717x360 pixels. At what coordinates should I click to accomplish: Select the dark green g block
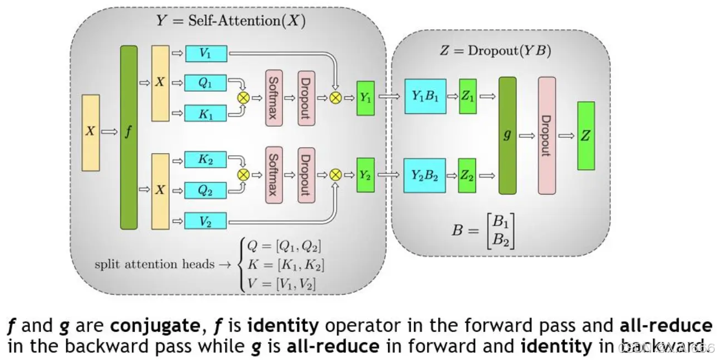click(507, 135)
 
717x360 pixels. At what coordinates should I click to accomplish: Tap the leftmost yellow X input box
click(91, 132)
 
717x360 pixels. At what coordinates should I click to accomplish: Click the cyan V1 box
click(206, 54)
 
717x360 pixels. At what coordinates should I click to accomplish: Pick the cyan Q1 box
click(206, 83)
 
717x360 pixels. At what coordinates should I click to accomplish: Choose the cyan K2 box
click(206, 160)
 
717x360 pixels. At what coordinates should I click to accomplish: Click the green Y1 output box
click(365, 98)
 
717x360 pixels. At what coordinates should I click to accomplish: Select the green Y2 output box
click(365, 175)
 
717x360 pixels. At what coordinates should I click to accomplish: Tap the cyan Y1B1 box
click(425, 97)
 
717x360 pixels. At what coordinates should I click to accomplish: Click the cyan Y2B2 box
click(425, 175)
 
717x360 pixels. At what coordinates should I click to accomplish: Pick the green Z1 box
click(468, 97)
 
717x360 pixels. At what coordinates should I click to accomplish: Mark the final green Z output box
click(585, 135)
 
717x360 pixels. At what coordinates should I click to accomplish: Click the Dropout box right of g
click(546, 135)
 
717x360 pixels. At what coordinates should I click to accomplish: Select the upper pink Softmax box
click(274, 98)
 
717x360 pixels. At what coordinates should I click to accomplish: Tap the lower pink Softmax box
click(274, 175)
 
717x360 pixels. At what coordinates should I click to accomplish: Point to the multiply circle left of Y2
click(335, 175)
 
